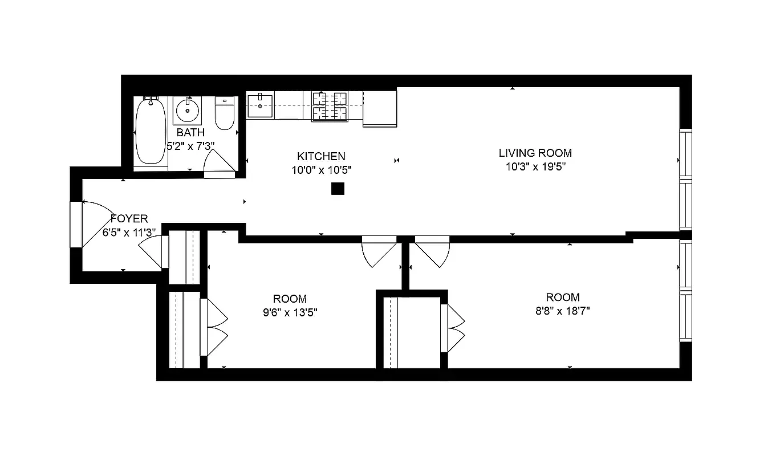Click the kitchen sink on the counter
[x=259, y=106]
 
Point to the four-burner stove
[x=330, y=106]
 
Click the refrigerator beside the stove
[x=380, y=108]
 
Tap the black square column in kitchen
[x=338, y=189]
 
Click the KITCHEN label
[x=321, y=156]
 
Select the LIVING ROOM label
[x=535, y=153]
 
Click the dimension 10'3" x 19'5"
[x=535, y=167]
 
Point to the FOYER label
[x=129, y=219]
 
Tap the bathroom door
[x=220, y=165]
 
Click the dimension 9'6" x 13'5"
[x=290, y=312]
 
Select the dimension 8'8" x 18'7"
[x=562, y=311]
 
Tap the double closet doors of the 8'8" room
[x=454, y=328]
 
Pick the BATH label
[x=190, y=133]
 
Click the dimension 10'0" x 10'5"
[x=321, y=170]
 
